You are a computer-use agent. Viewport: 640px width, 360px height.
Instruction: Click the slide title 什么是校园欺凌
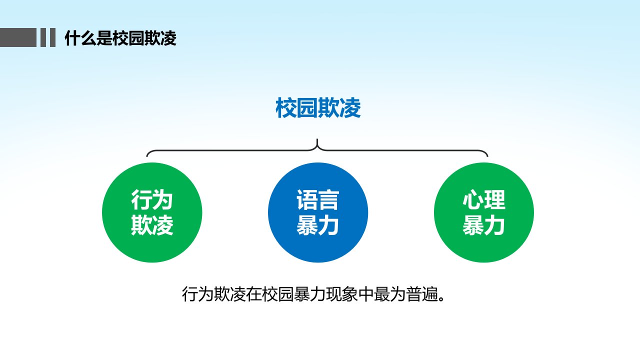[120, 38]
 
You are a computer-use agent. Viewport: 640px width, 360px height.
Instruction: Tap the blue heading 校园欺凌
[318, 108]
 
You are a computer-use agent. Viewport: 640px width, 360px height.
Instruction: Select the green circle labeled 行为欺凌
[152, 212]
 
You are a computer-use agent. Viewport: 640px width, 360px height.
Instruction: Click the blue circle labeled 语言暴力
[318, 212]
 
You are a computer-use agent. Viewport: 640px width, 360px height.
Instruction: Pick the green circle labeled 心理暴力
[484, 212]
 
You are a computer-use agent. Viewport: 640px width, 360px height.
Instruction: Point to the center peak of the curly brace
[317, 139]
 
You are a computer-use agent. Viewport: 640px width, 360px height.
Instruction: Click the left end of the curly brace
[147, 156]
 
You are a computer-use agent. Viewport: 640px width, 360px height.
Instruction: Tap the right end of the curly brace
[487, 156]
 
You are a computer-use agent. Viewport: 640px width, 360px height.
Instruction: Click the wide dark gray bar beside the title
[18, 37]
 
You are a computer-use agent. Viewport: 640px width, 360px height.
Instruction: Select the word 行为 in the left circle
[152, 199]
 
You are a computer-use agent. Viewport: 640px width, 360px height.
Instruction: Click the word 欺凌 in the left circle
[152, 225]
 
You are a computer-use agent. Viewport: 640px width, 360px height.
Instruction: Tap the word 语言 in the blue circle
[317, 199]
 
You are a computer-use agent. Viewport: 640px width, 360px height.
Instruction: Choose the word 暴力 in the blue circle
[317, 225]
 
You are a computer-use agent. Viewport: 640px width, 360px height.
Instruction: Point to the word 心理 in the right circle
[484, 199]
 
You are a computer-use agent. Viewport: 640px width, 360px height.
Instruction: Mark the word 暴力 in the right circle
[484, 225]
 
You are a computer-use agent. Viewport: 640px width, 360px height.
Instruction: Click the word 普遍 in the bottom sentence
[422, 294]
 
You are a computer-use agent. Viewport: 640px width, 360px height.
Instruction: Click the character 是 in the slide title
[104, 38]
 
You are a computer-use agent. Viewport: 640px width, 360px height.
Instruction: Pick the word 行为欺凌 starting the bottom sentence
[214, 294]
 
